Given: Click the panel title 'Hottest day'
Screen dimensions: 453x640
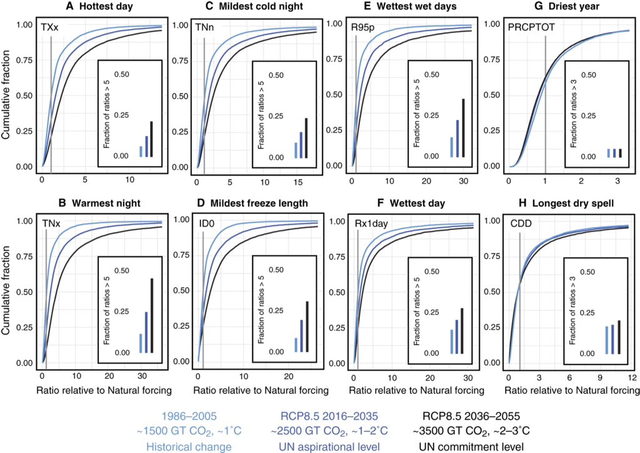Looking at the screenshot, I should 82,7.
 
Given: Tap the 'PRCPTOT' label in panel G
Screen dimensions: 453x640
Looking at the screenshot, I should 531,29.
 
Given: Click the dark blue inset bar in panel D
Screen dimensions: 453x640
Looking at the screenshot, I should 301,336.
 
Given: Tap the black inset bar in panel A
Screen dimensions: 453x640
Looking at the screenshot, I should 151,139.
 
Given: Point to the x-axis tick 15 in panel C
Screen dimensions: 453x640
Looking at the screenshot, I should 297,181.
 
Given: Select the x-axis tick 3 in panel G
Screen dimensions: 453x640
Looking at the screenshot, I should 617,181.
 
